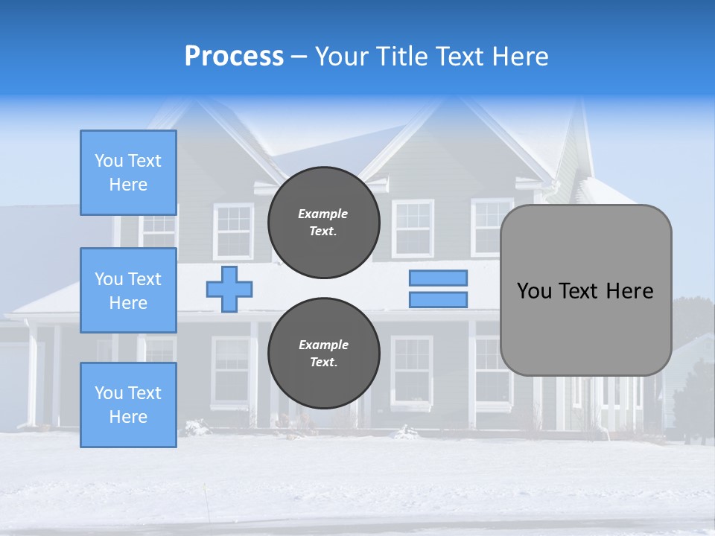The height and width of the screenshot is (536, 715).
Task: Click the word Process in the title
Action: [x=234, y=57]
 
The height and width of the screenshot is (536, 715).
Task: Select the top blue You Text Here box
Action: [x=128, y=173]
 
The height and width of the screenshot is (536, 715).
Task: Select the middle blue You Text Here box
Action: [x=128, y=290]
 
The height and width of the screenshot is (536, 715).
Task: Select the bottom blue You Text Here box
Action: [x=128, y=405]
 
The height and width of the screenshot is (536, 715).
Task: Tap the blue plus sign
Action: [x=229, y=289]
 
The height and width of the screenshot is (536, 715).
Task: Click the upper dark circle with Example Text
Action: [x=323, y=223]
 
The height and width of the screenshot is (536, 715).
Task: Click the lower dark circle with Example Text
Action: [x=323, y=354]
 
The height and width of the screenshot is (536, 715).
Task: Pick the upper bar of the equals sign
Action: [x=438, y=278]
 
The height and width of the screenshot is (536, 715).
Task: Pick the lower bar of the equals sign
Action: [x=438, y=300]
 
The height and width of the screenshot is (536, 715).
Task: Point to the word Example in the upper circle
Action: [x=323, y=214]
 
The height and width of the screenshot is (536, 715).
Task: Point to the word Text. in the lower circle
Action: [x=323, y=363]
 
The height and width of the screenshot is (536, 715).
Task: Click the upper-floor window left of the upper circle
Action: [x=233, y=231]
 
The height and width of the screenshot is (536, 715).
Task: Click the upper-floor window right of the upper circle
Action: [x=413, y=228]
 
